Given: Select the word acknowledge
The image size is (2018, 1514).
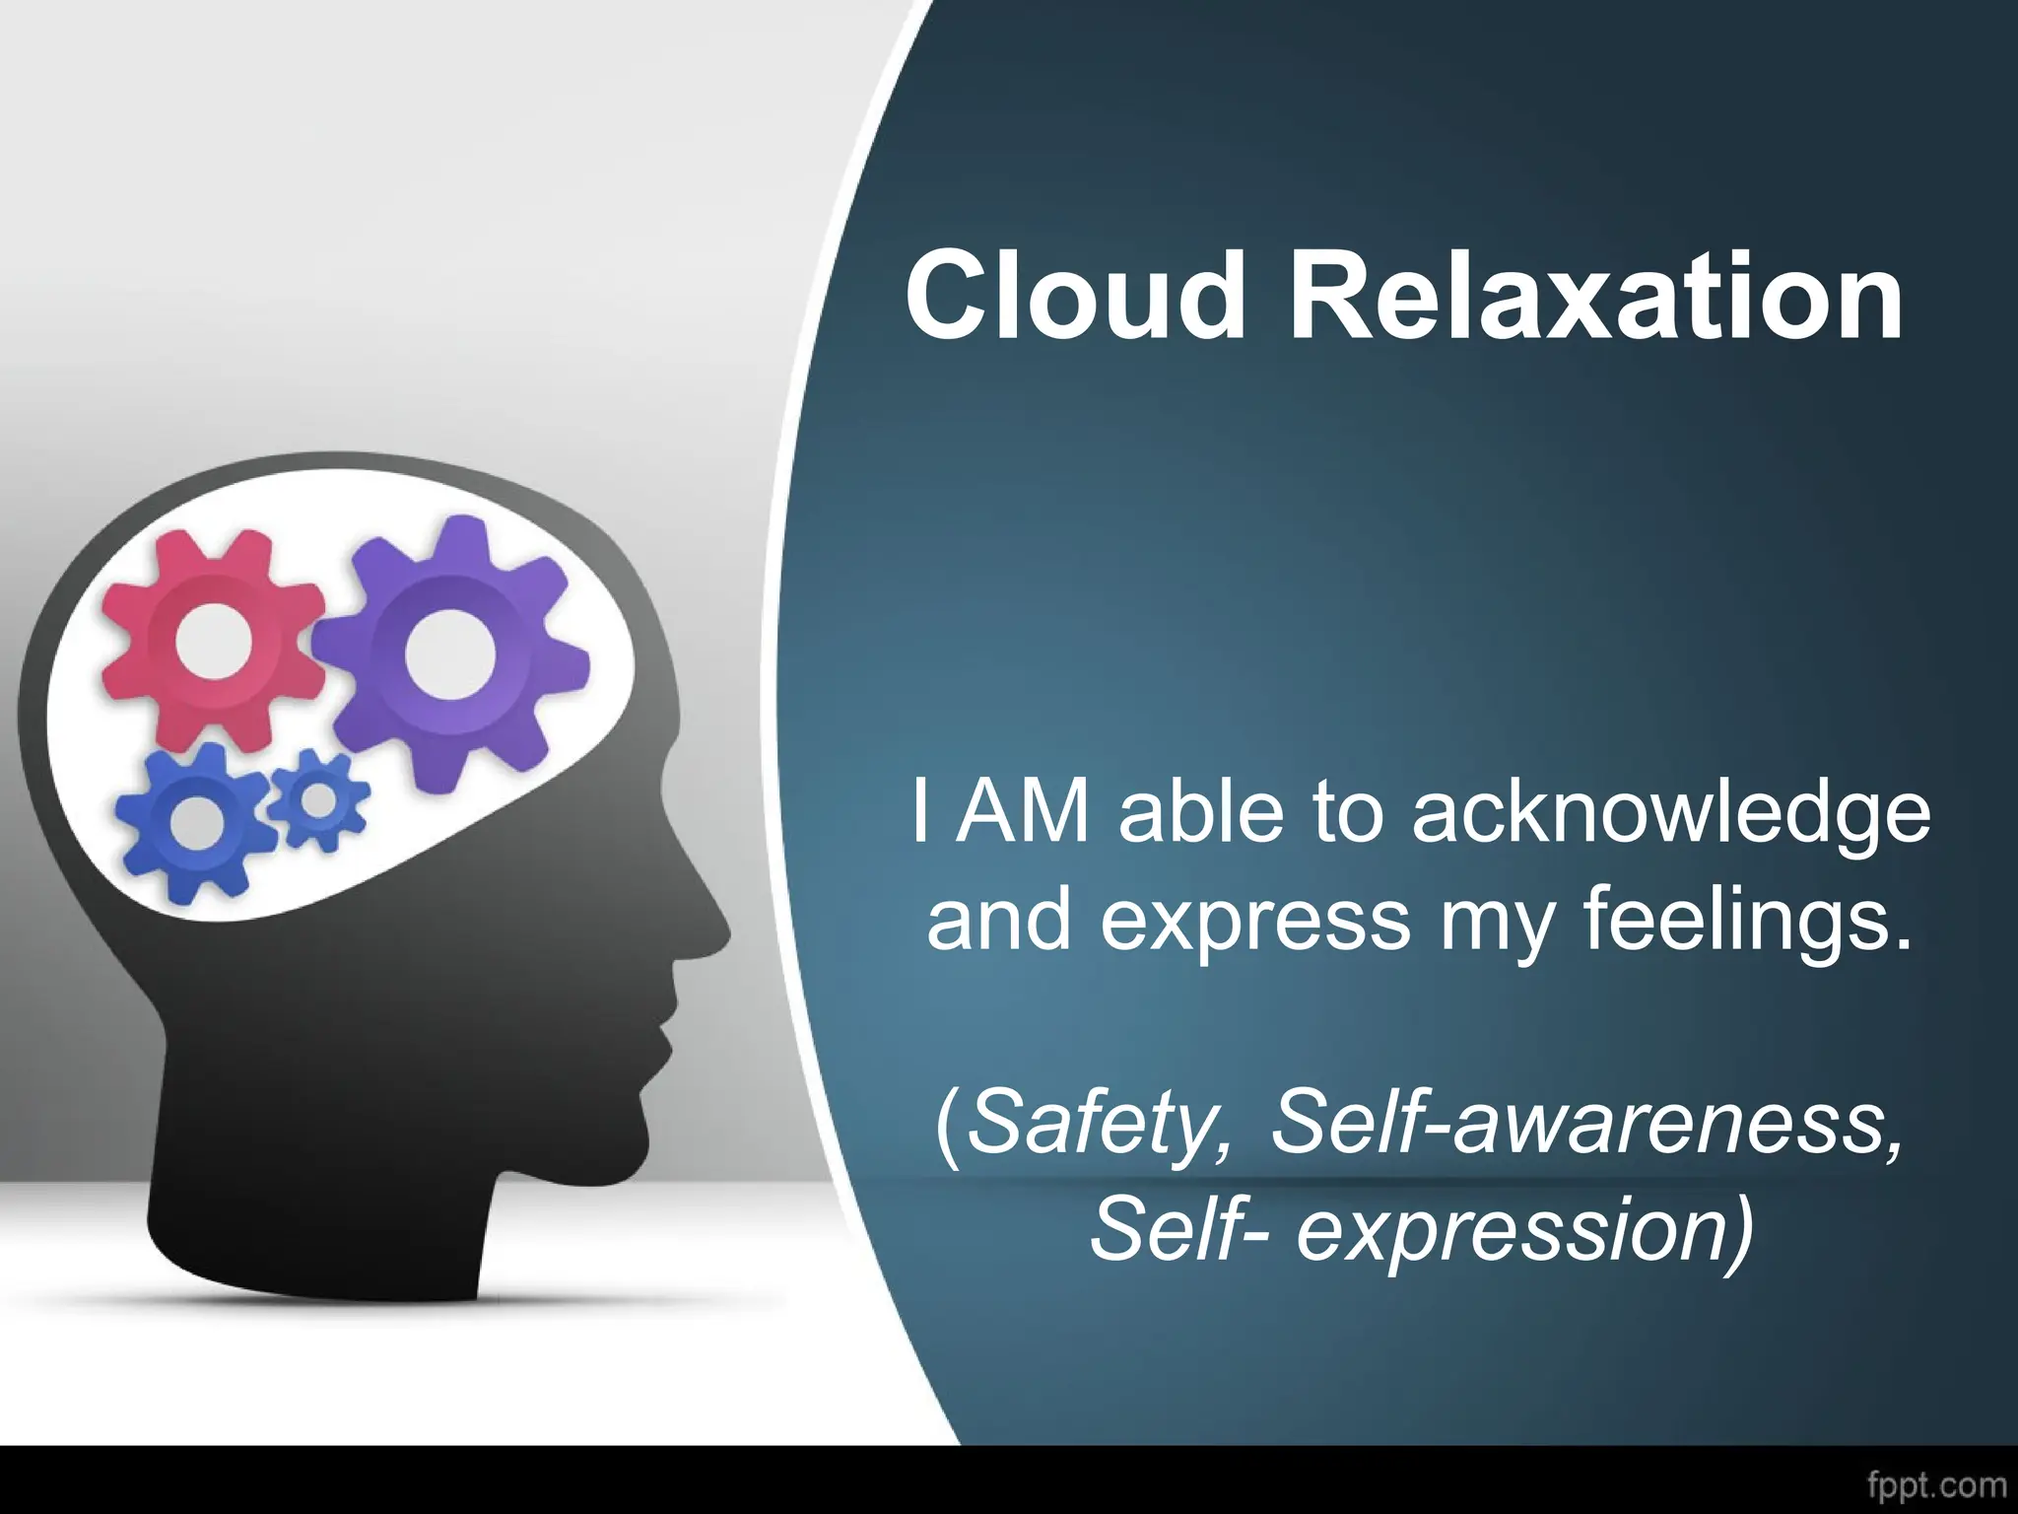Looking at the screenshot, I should pos(1671,814).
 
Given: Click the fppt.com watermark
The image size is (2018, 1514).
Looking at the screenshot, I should pos(1936,1484).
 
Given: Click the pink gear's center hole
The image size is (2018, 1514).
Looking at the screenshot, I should pos(213,642).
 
